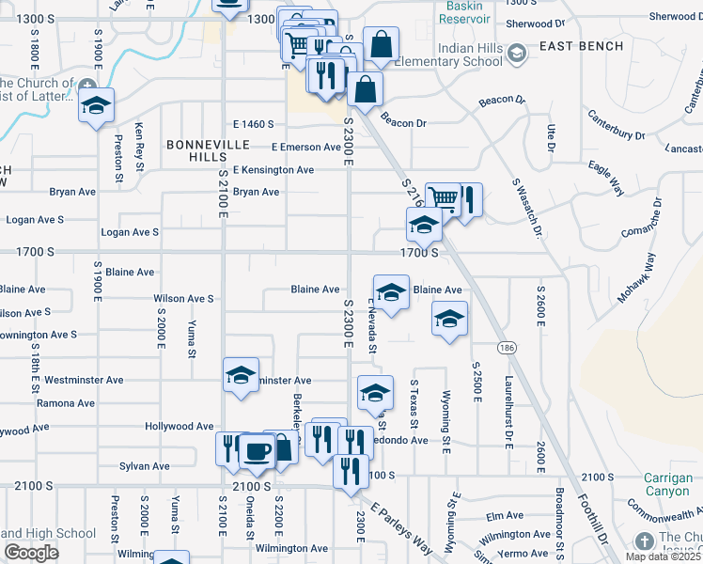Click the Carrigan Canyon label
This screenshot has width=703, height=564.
[x=668, y=484]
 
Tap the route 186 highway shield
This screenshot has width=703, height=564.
[x=508, y=347]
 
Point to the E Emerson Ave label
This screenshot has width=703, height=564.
[x=306, y=147]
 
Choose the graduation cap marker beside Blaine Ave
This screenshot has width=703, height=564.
[x=391, y=290]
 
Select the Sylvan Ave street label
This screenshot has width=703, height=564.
[x=145, y=466]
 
